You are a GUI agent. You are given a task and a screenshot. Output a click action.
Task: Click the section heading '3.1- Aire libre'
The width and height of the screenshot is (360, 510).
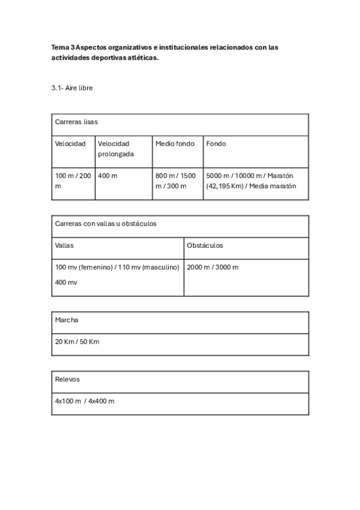pos(72,88)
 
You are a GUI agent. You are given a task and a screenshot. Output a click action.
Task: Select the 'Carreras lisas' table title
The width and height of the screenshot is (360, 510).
pos(76,121)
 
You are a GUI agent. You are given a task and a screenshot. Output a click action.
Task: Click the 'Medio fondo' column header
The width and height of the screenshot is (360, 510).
pos(175,144)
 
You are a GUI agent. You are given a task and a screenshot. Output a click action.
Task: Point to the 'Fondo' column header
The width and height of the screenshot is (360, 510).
pos(216,144)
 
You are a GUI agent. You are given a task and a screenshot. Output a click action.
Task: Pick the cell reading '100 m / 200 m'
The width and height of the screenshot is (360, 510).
pos(73,180)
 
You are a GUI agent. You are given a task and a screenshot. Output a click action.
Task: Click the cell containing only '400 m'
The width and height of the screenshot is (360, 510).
pos(108,176)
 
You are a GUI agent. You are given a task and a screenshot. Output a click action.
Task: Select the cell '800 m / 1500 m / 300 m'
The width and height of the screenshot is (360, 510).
pos(175,180)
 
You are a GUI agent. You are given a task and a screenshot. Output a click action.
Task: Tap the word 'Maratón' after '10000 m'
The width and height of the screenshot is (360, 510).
pos(280,176)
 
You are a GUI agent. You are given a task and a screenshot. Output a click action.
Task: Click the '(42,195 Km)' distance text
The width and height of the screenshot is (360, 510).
pos(224,186)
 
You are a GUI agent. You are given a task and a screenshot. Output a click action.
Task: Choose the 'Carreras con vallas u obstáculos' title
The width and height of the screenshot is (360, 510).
pos(106,223)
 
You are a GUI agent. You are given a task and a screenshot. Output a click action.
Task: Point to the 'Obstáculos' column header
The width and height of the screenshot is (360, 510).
pos(205,246)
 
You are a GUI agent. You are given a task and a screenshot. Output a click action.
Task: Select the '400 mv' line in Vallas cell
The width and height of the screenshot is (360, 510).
pos(66,282)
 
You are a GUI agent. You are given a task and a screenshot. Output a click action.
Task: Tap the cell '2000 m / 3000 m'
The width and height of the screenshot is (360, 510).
pos(213,267)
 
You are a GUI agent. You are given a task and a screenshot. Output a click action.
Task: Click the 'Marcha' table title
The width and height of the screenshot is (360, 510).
pos(67,320)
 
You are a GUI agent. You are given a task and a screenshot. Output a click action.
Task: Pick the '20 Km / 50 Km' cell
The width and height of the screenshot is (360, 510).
pos(77,342)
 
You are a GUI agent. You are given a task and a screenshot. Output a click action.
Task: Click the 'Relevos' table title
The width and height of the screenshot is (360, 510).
pos(67,379)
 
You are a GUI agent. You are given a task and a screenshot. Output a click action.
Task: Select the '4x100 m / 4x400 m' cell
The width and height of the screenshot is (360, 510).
pos(85,401)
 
